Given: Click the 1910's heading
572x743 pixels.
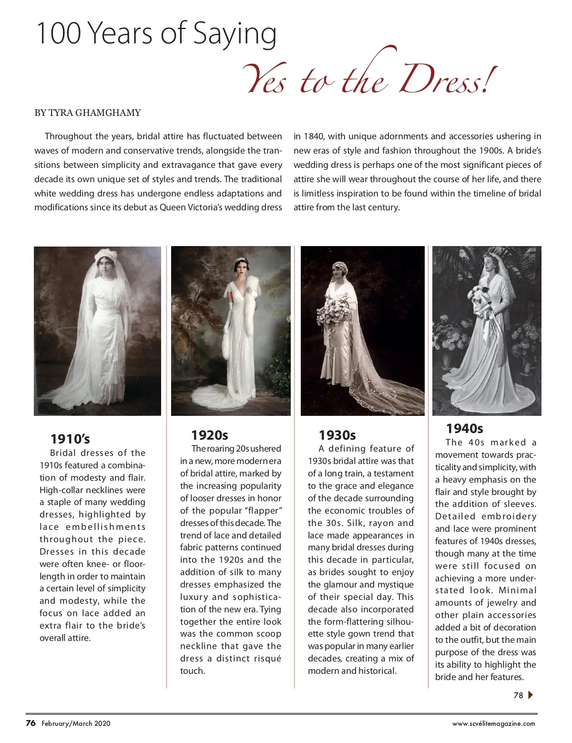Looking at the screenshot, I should point(70,439).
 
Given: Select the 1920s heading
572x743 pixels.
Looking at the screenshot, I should point(209,435).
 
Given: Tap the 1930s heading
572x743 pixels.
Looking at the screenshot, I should point(337,435).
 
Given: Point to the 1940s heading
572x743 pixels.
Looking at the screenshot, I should point(464,428).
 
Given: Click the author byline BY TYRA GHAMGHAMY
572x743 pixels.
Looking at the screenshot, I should point(88,113).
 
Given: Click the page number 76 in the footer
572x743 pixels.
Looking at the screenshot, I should point(31,723).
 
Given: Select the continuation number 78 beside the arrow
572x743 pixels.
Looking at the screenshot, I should point(518,695).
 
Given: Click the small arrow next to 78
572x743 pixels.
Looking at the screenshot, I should point(531,695).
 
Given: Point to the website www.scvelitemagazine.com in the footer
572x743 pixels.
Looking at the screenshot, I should point(493,723).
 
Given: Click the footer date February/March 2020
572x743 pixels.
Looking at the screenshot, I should point(76,723).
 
